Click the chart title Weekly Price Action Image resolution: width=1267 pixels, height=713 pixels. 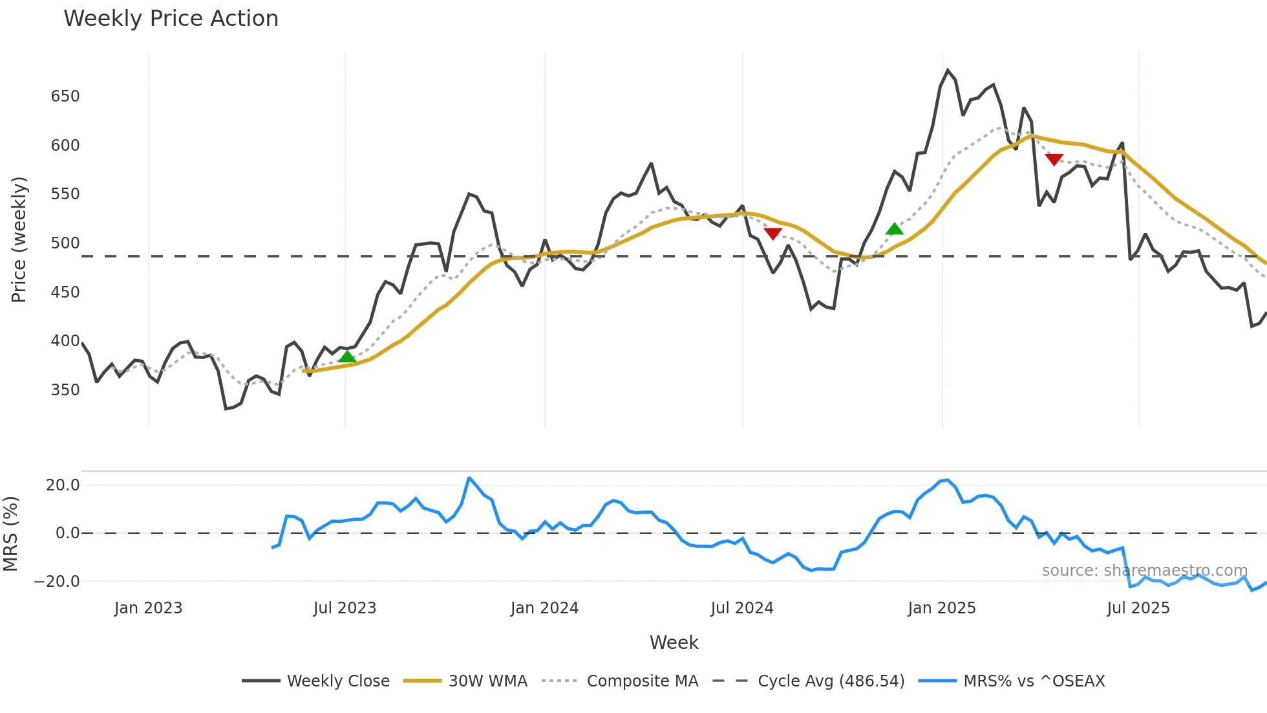point(171,19)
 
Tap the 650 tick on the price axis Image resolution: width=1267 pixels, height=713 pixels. point(65,96)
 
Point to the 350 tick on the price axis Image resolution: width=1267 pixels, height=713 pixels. point(65,390)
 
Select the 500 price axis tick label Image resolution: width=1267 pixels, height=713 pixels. point(65,243)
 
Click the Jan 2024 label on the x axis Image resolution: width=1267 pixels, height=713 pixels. point(544,608)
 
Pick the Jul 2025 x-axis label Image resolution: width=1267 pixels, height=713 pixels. point(1138,608)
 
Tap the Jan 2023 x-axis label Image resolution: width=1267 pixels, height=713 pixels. point(148,608)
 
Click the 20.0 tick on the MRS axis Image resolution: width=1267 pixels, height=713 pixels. point(63,485)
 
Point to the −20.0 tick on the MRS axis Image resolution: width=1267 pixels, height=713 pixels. point(57,582)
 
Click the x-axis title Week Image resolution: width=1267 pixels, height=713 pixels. point(674,642)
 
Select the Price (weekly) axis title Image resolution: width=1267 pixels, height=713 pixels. point(19,239)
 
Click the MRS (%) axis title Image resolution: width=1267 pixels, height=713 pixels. point(10,534)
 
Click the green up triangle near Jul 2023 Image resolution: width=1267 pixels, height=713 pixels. point(347,356)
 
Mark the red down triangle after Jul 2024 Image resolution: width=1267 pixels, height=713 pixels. point(772,233)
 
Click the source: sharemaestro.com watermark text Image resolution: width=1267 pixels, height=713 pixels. point(1144,571)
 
